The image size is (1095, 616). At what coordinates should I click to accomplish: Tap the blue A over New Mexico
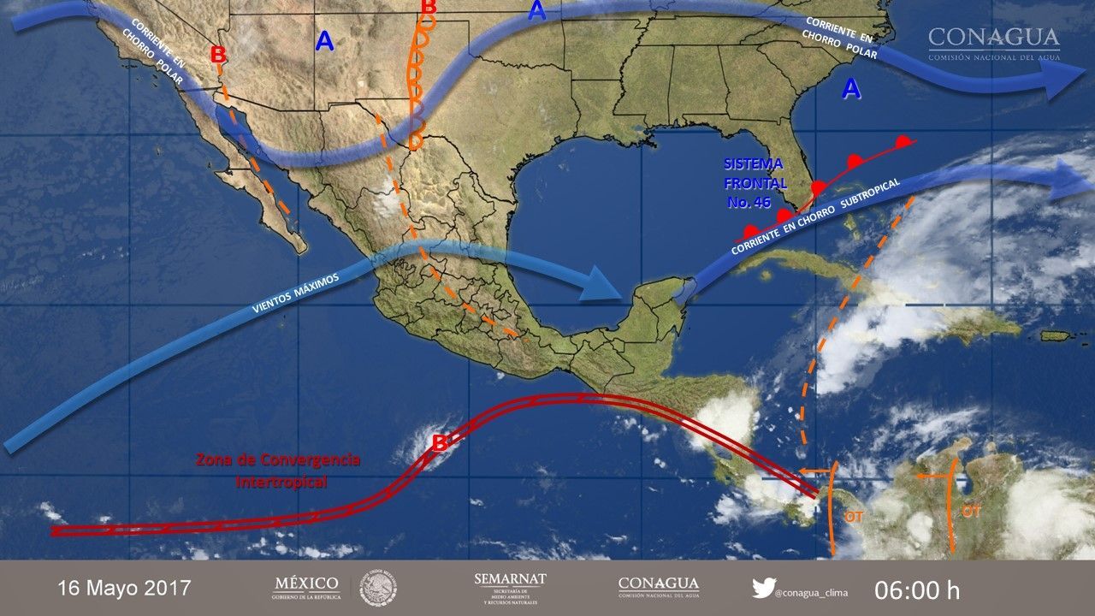[324, 41]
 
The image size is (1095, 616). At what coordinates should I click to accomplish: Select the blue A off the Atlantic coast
[851, 87]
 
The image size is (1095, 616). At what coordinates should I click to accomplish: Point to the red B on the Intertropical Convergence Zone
[439, 443]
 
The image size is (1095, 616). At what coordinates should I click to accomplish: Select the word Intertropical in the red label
[281, 483]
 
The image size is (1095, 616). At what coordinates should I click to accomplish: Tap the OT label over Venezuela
[970, 512]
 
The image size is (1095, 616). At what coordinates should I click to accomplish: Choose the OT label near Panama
[854, 517]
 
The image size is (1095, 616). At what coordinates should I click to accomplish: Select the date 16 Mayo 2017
[124, 589]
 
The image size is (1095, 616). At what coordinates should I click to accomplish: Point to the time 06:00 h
[917, 589]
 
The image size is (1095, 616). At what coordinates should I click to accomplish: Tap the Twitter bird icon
[763, 588]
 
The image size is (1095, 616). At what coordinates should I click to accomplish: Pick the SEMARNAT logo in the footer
[510, 587]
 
